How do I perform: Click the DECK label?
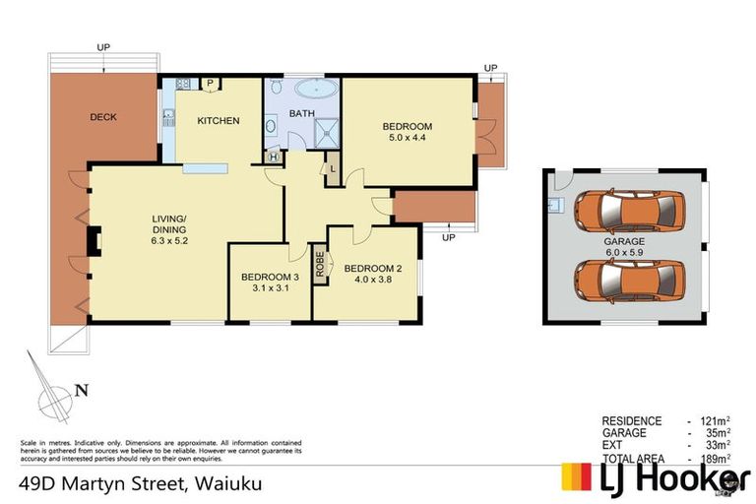click(103, 117)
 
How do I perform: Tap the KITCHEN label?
click(219, 121)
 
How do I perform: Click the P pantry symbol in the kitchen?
click(211, 83)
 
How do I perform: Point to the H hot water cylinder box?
click(273, 156)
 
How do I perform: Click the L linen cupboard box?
click(334, 168)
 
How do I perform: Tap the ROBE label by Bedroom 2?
click(320, 265)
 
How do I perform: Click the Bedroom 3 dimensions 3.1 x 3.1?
click(270, 289)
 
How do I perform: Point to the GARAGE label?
click(625, 240)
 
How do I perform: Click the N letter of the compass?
click(83, 390)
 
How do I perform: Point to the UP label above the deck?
click(102, 46)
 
